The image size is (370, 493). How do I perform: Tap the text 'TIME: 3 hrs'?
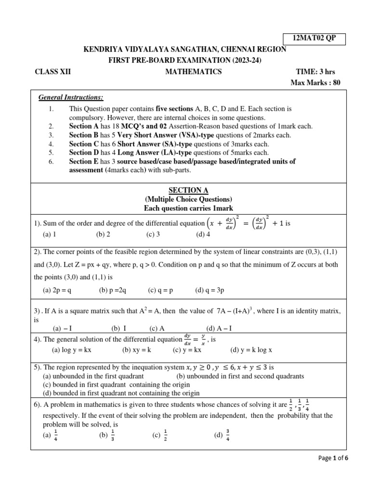(x=318, y=72)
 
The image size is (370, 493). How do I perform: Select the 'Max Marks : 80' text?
(x=316, y=82)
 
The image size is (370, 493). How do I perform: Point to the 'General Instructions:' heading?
(x=70, y=98)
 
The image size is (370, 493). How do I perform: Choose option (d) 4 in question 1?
(x=203, y=234)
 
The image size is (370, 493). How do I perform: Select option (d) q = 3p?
(x=210, y=290)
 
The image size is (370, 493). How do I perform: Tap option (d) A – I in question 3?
(x=218, y=328)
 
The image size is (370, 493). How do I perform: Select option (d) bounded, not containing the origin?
(x=121, y=393)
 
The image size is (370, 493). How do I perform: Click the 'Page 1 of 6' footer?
(x=333, y=458)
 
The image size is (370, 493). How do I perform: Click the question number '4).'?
(x=40, y=339)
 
